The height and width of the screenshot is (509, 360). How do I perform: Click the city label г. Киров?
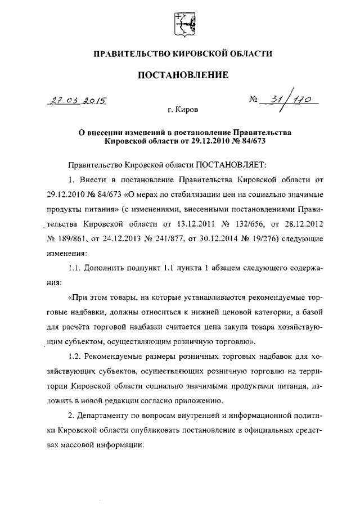click(x=183, y=109)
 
